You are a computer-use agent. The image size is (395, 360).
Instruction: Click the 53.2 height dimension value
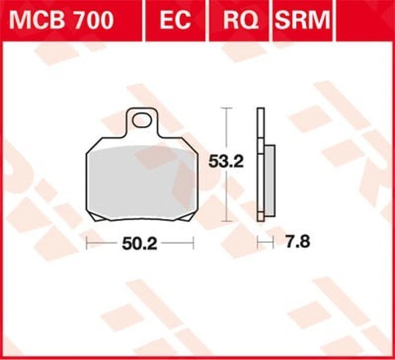[226, 161]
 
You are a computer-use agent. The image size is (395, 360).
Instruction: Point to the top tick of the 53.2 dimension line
[226, 107]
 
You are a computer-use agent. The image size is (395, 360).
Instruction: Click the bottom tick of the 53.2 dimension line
[226, 221]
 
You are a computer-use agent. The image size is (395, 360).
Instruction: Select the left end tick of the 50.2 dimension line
[87, 243]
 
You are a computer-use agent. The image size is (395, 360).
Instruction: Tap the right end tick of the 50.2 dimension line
[194, 243]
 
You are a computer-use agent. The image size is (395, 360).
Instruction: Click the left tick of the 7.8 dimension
[257, 243]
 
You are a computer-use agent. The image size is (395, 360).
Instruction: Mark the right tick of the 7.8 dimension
[273, 243]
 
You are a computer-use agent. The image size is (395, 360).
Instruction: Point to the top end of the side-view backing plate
[260, 109]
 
